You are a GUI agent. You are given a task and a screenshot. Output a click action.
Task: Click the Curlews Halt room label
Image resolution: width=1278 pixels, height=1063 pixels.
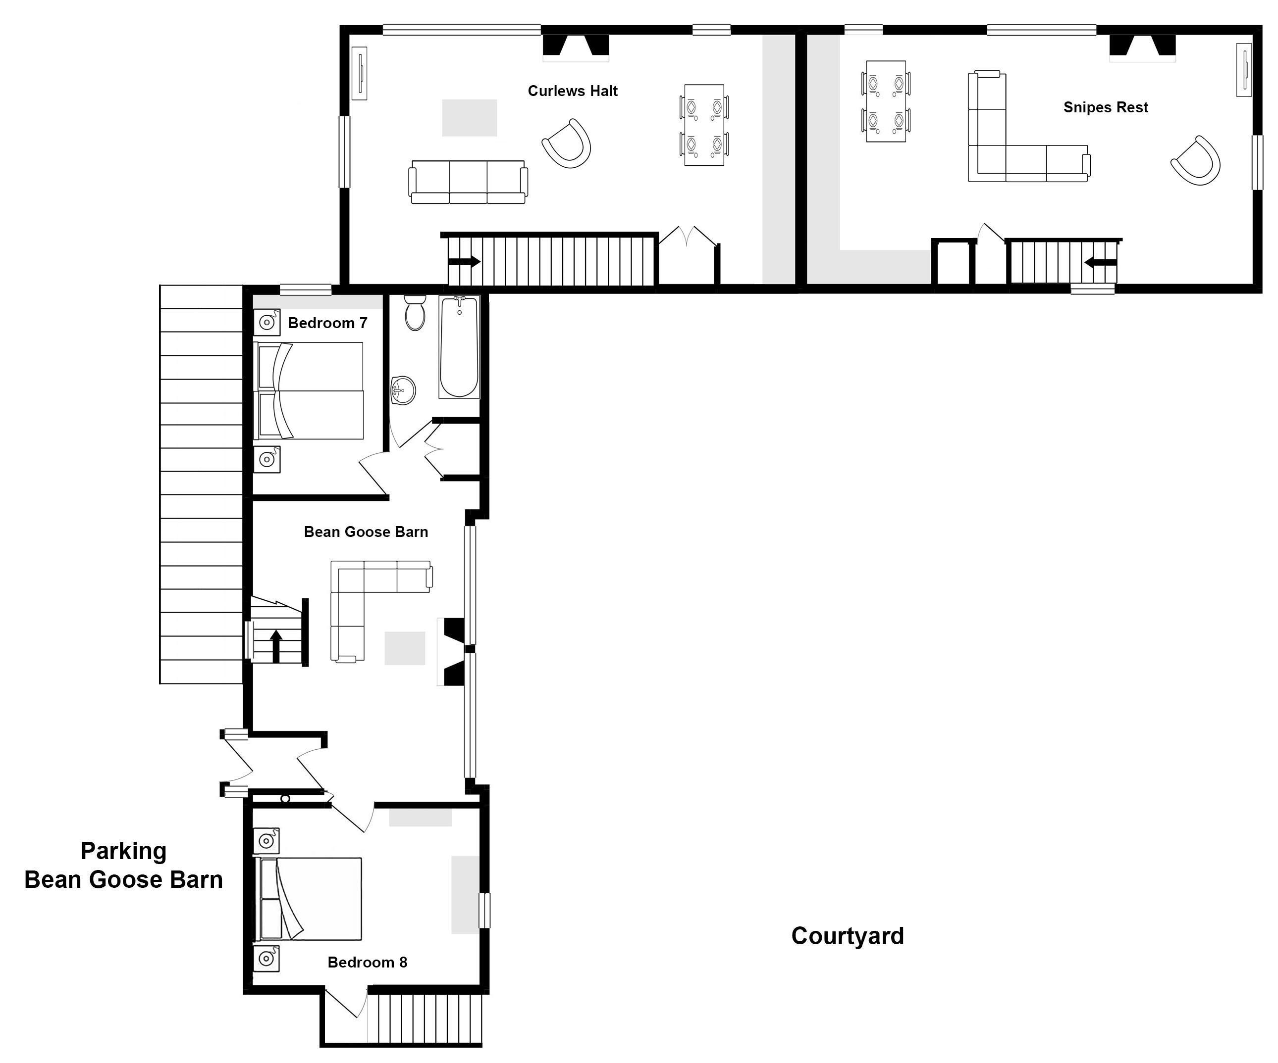[572, 91]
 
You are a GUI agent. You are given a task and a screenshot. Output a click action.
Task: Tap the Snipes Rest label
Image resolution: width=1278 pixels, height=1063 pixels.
[1105, 108]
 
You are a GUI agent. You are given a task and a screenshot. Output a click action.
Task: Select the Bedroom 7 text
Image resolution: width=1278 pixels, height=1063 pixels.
[327, 323]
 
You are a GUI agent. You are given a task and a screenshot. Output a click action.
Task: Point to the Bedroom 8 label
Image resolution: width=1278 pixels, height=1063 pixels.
[367, 962]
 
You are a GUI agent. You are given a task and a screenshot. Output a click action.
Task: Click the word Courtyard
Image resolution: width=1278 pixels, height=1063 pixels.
[847, 936]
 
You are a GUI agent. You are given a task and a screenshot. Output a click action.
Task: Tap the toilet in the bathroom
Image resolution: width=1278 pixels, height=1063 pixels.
[415, 313]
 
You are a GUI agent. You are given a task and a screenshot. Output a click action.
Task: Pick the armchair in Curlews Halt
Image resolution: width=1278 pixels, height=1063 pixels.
[567, 143]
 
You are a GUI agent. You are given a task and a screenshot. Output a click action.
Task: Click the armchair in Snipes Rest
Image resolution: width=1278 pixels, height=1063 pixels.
[1196, 160]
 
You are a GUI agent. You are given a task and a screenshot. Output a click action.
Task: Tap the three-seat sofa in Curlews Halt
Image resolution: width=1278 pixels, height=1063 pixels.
[468, 182]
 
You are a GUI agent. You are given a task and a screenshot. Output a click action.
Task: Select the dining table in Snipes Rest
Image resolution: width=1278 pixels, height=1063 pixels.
[886, 101]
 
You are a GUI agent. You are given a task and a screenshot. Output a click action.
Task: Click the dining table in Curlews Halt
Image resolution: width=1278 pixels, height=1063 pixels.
[704, 125]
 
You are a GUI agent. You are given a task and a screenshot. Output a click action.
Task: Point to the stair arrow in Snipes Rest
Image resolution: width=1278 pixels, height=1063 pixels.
[1100, 263]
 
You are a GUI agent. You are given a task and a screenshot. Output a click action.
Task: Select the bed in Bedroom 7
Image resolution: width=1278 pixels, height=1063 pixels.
[309, 390]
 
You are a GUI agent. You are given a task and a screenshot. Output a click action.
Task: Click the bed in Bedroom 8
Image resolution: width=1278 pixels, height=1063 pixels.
[309, 899]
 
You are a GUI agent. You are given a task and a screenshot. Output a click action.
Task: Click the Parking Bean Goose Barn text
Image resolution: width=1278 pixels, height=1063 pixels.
[123, 866]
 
